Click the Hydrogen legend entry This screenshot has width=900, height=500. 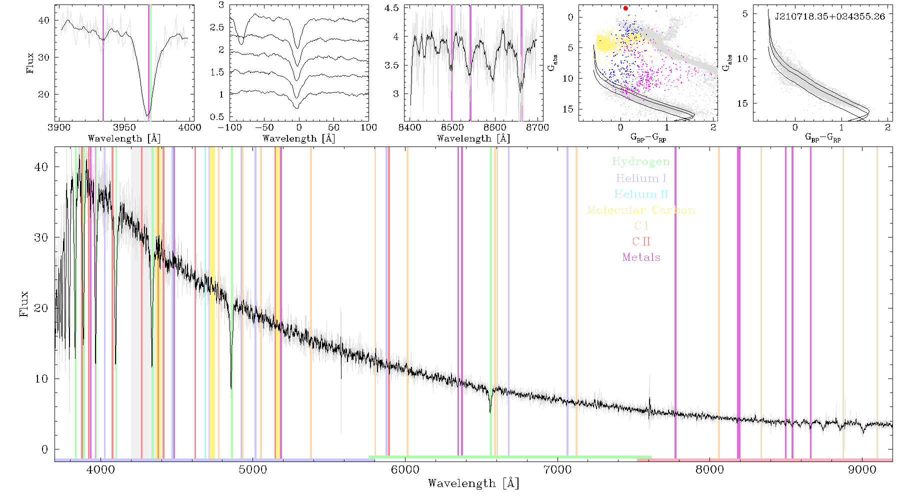click(x=640, y=161)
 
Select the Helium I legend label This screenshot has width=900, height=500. click(x=641, y=178)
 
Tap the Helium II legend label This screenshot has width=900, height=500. click(x=641, y=194)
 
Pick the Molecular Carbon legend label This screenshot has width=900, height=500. click(x=641, y=210)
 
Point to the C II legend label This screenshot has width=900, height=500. click(x=641, y=241)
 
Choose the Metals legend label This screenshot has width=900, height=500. click(x=641, y=257)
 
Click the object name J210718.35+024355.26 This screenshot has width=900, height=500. click(x=830, y=16)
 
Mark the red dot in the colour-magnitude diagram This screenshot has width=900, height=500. click(x=625, y=8)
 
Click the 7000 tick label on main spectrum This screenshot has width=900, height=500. click(x=557, y=470)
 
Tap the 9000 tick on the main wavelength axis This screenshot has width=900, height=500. click(x=862, y=470)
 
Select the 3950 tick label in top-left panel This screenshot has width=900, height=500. click(x=124, y=127)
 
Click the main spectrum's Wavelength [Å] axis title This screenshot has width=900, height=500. click(x=473, y=483)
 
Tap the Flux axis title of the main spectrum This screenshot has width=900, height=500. click(x=23, y=303)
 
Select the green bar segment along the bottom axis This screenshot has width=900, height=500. click(x=510, y=457)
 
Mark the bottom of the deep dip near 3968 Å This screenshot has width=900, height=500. click(x=147, y=115)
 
